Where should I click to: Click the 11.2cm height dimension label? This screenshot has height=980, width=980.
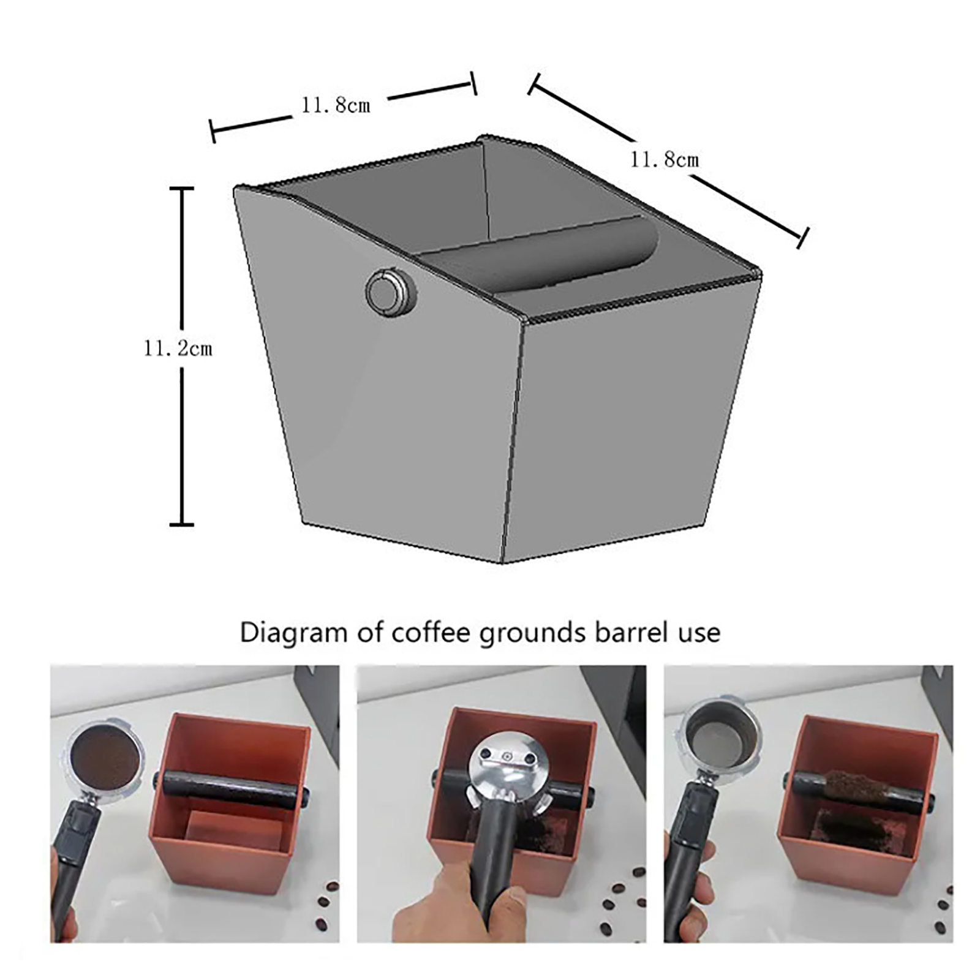tap(178, 349)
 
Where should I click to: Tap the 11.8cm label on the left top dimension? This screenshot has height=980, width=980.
tap(336, 105)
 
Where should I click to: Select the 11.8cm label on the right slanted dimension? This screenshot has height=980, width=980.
tap(665, 160)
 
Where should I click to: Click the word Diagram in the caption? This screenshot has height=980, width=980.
tap(293, 633)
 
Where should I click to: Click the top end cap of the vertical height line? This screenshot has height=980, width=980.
tap(181, 189)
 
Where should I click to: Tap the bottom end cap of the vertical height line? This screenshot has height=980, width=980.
tap(181, 524)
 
